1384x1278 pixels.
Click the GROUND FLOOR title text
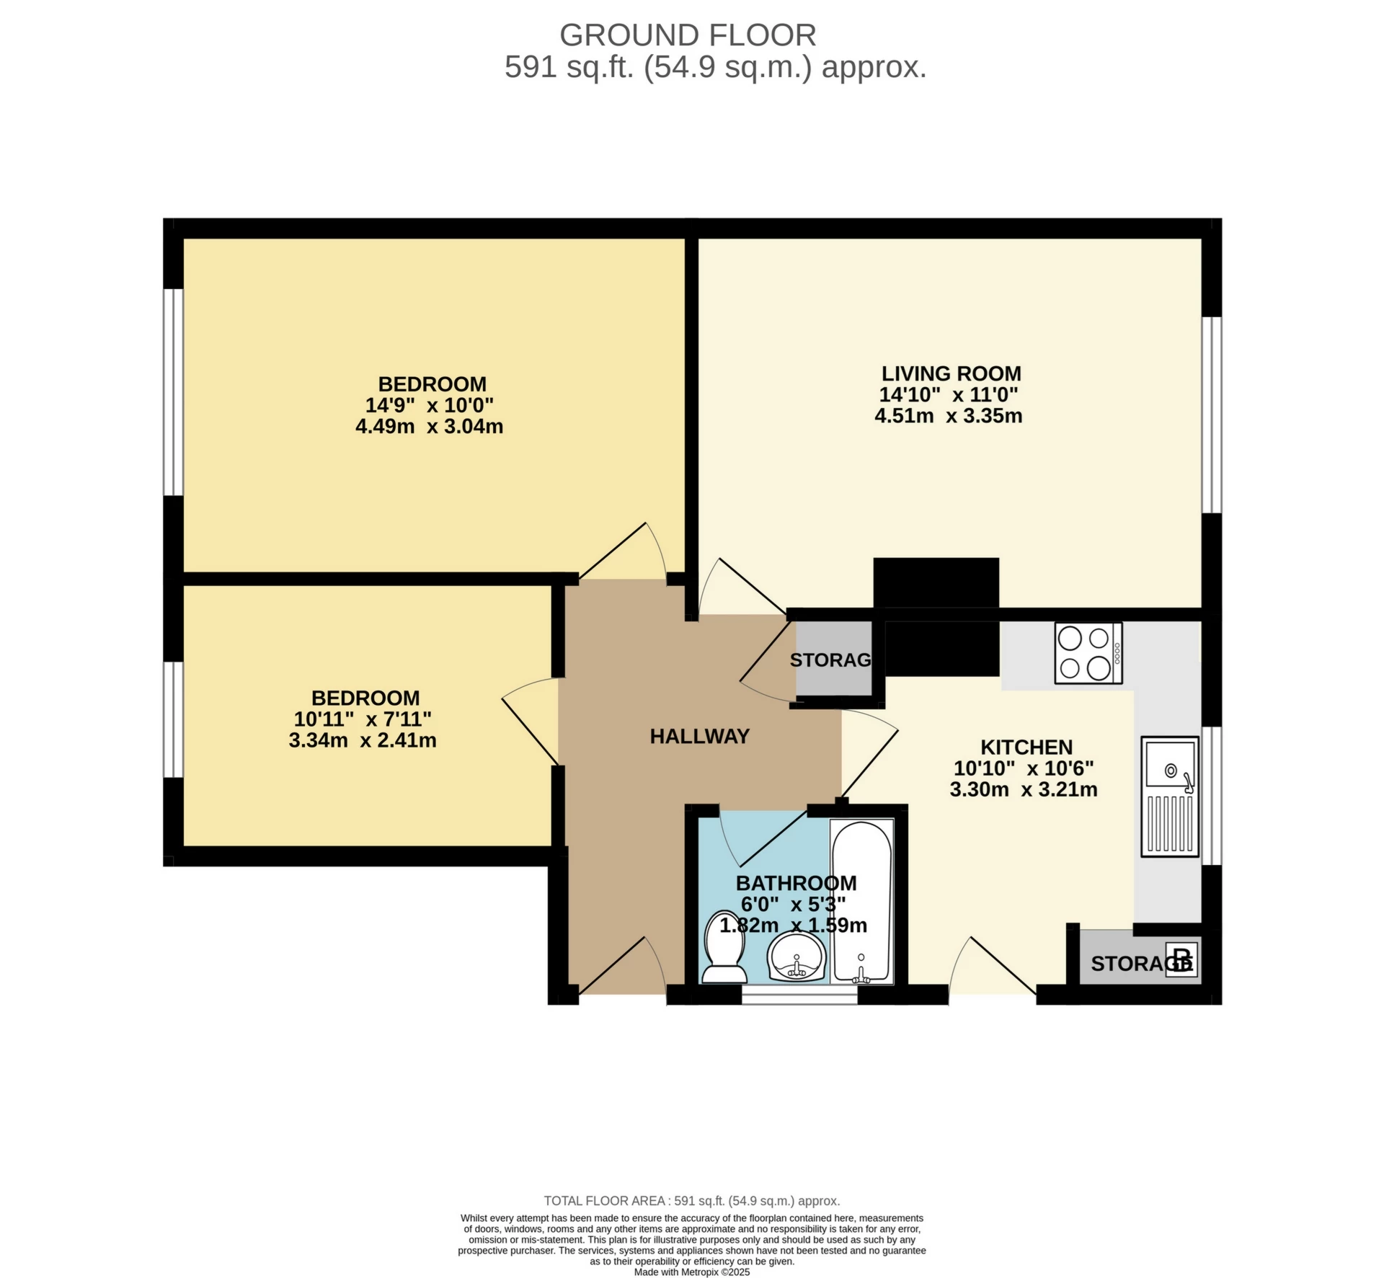(688, 35)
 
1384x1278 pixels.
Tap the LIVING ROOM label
(951, 373)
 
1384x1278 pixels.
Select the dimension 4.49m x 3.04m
(429, 426)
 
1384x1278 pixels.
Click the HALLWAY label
(699, 736)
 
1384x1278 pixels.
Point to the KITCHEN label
(1026, 747)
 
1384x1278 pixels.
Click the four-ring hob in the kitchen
(1088, 652)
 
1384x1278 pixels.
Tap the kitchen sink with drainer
(1169, 796)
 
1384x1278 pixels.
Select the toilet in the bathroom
(724, 947)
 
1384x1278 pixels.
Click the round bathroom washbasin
(797, 957)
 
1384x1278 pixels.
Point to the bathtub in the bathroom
(861, 901)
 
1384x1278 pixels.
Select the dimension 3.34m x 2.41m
(363, 740)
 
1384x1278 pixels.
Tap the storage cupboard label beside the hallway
(830, 660)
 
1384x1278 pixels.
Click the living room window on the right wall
(1211, 414)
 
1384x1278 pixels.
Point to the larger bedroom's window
(173, 392)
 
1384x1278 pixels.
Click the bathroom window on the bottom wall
(799, 998)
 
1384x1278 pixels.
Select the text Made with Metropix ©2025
(692, 1272)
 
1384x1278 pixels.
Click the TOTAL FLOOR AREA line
(692, 1201)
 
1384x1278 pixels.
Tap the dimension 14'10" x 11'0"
(948, 394)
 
